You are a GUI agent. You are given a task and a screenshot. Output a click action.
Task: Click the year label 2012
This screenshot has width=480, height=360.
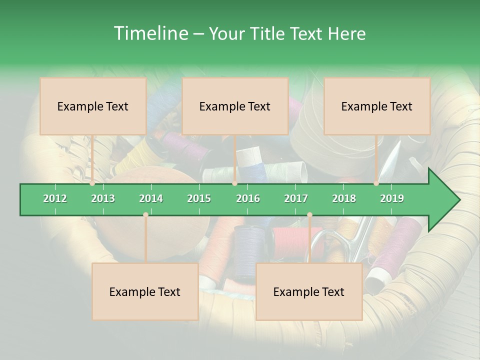[x=55, y=198]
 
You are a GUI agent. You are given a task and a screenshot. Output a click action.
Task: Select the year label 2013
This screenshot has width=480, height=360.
[x=103, y=198]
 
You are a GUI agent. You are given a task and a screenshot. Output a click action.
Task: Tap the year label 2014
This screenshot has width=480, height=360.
[x=151, y=198]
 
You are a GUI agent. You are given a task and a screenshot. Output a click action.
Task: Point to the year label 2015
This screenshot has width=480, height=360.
[x=199, y=198]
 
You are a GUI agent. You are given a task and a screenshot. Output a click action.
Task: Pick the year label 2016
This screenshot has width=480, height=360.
[x=248, y=198]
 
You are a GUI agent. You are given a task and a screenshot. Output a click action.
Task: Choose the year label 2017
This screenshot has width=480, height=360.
[x=296, y=198]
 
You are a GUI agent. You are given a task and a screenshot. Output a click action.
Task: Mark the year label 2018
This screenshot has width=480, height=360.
[x=344, y=198]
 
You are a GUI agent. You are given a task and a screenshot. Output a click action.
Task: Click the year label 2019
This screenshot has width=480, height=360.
[x=392, y=198]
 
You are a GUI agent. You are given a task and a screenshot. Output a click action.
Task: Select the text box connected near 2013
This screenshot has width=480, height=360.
[x=93, y=106]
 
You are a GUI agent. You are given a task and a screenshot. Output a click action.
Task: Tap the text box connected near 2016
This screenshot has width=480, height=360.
[x=235, y=106]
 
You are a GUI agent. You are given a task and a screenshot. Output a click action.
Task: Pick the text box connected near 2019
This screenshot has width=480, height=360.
[x=377, y=106]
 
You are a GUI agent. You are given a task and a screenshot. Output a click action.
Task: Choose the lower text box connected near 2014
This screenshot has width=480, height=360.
[x=145, y=291]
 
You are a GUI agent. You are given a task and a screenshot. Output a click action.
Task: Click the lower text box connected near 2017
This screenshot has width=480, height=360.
[x=309, y=291]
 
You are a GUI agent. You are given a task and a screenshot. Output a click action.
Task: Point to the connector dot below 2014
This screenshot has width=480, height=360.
[x=145, y=215]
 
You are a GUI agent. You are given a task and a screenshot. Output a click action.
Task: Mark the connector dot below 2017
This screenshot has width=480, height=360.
[x=309, y=215]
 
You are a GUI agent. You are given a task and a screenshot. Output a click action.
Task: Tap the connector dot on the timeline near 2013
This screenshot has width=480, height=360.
[x=92, y=183]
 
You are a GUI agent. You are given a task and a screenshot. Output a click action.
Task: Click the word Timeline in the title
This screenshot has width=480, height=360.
[x=150, y=33]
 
